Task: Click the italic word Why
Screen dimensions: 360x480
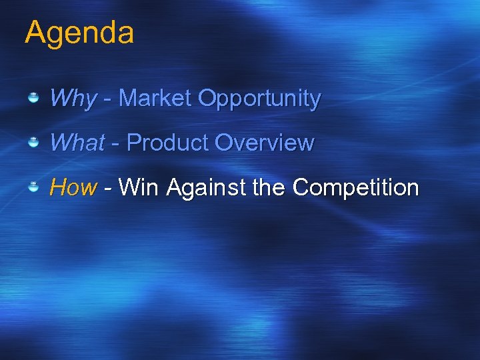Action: (x=73, y=99)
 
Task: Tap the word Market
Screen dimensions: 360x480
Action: (x=155, y=99)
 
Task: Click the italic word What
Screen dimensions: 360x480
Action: (x=77, y=143)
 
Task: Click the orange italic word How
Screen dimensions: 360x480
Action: (x=73, y=188)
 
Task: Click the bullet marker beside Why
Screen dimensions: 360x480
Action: (x=33, y=99)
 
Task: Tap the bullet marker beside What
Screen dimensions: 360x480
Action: (x=33, y=143)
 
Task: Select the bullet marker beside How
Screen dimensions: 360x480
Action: (x=33, y=188)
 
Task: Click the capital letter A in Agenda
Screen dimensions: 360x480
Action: (x=35, y=32)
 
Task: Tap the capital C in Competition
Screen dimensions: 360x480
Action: (x=301, y=188)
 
